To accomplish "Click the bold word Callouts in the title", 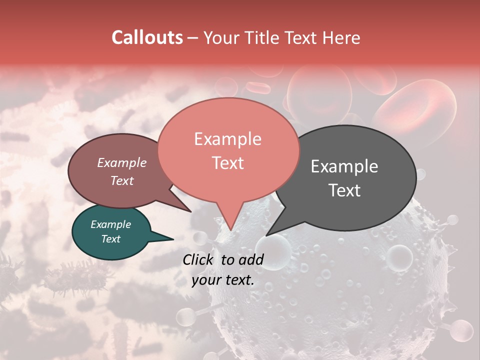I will pyautogui.click(x=147, y=37).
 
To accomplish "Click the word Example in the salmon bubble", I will pyautogui.click(x=227, y=139).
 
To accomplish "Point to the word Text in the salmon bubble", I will pyautogui.click(x=227, y=162).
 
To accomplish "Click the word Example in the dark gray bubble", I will pyautogui.click(x=344, y=166).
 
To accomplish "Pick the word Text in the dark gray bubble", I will pyautogui.click(x=344, y=190).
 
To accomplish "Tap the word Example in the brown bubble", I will pyautogui.click(x=121, y=162).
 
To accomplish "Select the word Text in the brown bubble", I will pyautogui.click(x=121, y=180).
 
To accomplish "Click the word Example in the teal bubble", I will pyautogui.click(x=110, y=224).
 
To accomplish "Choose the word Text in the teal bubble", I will pyautogui.click(x=110, y=239).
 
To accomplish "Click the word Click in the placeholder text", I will pyautogui.click(x=199, y=259).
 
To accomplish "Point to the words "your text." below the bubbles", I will pyautogui.click(x=222, y=280).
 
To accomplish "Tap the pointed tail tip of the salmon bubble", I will pyautogui.click(x=230, y=230).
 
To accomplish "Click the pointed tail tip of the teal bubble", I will pyautogui.click(x=173, y=239).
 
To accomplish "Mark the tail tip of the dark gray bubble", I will pyautogui.click(x=266, y=235).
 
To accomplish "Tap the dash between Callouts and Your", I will pyautogui.click(x=193, y=38).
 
